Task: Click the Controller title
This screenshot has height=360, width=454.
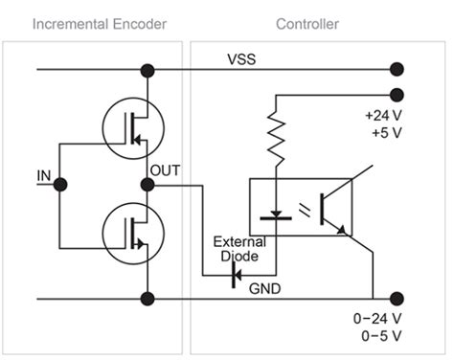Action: pos(306,22)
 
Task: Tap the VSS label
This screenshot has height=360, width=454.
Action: pos(241,58)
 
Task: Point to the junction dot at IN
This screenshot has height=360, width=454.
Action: pos(58,185)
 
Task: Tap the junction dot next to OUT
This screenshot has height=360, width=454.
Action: pos(148,185)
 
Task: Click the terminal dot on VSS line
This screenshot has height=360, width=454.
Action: pos(397,70)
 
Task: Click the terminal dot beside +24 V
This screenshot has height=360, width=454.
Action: pos(397,94)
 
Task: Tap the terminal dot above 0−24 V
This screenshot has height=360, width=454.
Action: pos(397,299)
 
